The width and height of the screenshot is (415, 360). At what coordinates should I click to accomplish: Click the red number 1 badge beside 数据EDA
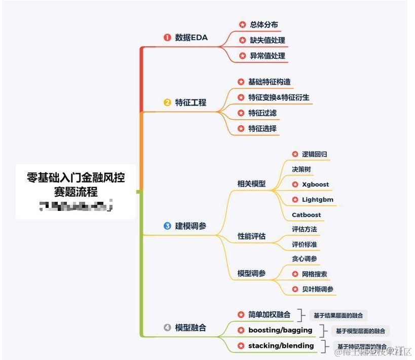167,37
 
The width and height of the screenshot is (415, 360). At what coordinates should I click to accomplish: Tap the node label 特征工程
191,102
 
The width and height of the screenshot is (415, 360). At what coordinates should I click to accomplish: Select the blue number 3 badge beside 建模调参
167,226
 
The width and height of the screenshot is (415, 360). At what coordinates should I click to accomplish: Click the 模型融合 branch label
191,328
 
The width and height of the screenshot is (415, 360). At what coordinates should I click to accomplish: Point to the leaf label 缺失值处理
268,40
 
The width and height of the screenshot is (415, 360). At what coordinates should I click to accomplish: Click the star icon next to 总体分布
242,24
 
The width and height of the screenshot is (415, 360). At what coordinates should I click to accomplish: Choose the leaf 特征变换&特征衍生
279,97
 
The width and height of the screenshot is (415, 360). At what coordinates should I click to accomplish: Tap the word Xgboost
315,185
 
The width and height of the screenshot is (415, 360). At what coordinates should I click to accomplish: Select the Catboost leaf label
306,215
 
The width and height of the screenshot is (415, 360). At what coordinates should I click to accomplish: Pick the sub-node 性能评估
251,236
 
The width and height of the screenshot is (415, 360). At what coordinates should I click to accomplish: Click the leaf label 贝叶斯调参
318,290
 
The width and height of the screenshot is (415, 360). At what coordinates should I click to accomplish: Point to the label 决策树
301,169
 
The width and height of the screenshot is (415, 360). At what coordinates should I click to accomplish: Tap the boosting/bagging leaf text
280,330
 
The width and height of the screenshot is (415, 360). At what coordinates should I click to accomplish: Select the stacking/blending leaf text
281,346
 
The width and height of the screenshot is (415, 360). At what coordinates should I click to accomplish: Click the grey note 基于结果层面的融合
338,315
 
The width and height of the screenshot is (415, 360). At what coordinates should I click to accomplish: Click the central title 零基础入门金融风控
76,178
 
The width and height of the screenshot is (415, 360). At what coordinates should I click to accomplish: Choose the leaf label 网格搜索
314,274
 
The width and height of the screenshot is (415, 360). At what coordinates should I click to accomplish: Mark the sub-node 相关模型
251,184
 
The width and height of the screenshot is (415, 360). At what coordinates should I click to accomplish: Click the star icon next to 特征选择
241,129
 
